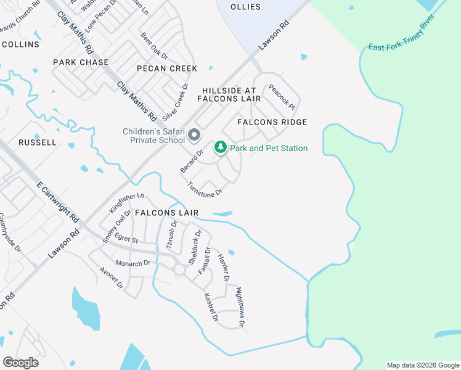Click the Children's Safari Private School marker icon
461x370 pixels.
(x=195, y=135)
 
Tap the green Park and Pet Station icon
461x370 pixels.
(x=220, y=148)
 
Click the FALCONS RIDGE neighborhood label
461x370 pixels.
(x=272, y=122)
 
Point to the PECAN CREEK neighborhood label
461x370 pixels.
(x=167, y=68)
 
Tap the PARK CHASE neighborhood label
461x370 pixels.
(x=81, y=62)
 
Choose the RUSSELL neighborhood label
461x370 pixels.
(x=37, y=142)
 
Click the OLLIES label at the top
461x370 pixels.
(x=245, y=7)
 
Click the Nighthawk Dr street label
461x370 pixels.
(x=241, y=306)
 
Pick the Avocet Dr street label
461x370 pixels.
(x=111, y=278)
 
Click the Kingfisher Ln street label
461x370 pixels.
(x=127, y=203)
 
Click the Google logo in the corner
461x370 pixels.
(x=20, y=363)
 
